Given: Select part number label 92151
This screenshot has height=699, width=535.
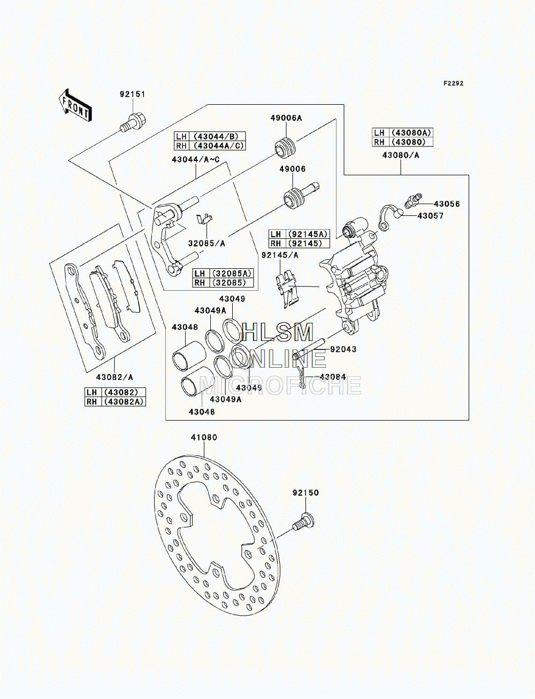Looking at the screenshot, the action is click(132, 95).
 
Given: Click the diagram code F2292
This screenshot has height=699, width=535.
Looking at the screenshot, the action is click(453, 83).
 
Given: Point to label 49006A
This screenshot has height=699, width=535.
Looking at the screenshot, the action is click(286, 118).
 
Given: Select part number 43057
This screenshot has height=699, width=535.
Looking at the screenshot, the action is click(431, 216).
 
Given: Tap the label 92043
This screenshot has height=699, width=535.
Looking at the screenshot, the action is click(343, 349).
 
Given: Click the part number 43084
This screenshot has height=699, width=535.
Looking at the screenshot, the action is click(333, 377).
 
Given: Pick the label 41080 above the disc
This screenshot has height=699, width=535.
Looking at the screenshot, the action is click(204, 438).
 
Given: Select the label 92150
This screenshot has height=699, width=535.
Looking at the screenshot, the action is click(306, 493).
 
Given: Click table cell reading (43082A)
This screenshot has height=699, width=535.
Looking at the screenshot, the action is click(124, 401).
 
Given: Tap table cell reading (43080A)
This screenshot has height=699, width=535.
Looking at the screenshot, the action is click(411, 133).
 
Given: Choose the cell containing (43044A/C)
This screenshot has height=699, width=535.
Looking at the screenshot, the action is click(218, 146).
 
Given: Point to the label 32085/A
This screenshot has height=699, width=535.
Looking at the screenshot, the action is click(207, 244).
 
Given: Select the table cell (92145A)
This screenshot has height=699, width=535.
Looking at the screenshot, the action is click(308, 235).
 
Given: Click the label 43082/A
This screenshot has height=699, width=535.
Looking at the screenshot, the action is click(114, 377).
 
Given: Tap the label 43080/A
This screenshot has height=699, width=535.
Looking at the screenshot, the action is click(401, 156).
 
